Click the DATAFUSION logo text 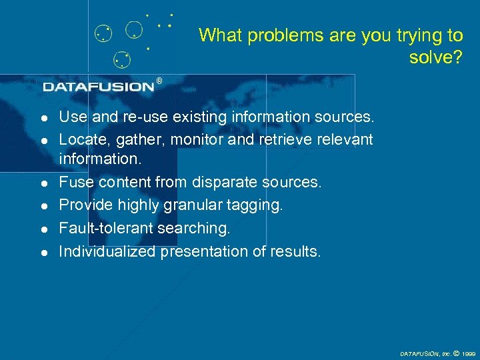point(99,87)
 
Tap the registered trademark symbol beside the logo point(159,81)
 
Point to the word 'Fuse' point(73,183)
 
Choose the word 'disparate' point(219,183)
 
